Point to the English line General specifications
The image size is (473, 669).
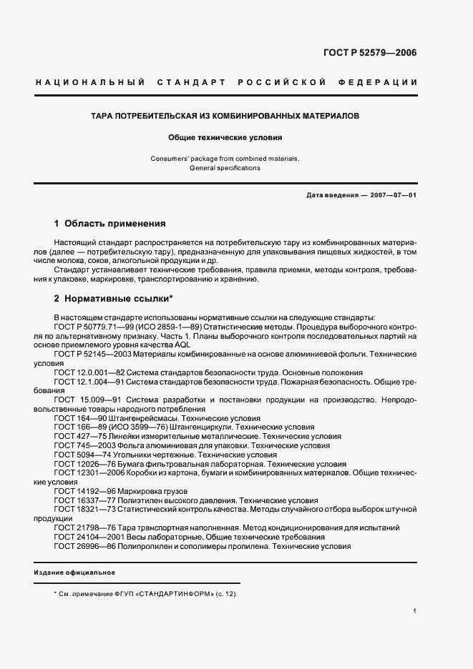(x=225, y=168)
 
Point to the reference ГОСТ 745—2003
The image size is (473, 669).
(x=82, y=446)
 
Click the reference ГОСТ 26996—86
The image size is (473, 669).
(x=82, y=547)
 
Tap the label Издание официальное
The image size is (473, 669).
(x=75, y=573)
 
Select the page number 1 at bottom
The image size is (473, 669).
(x=415, y=611)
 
